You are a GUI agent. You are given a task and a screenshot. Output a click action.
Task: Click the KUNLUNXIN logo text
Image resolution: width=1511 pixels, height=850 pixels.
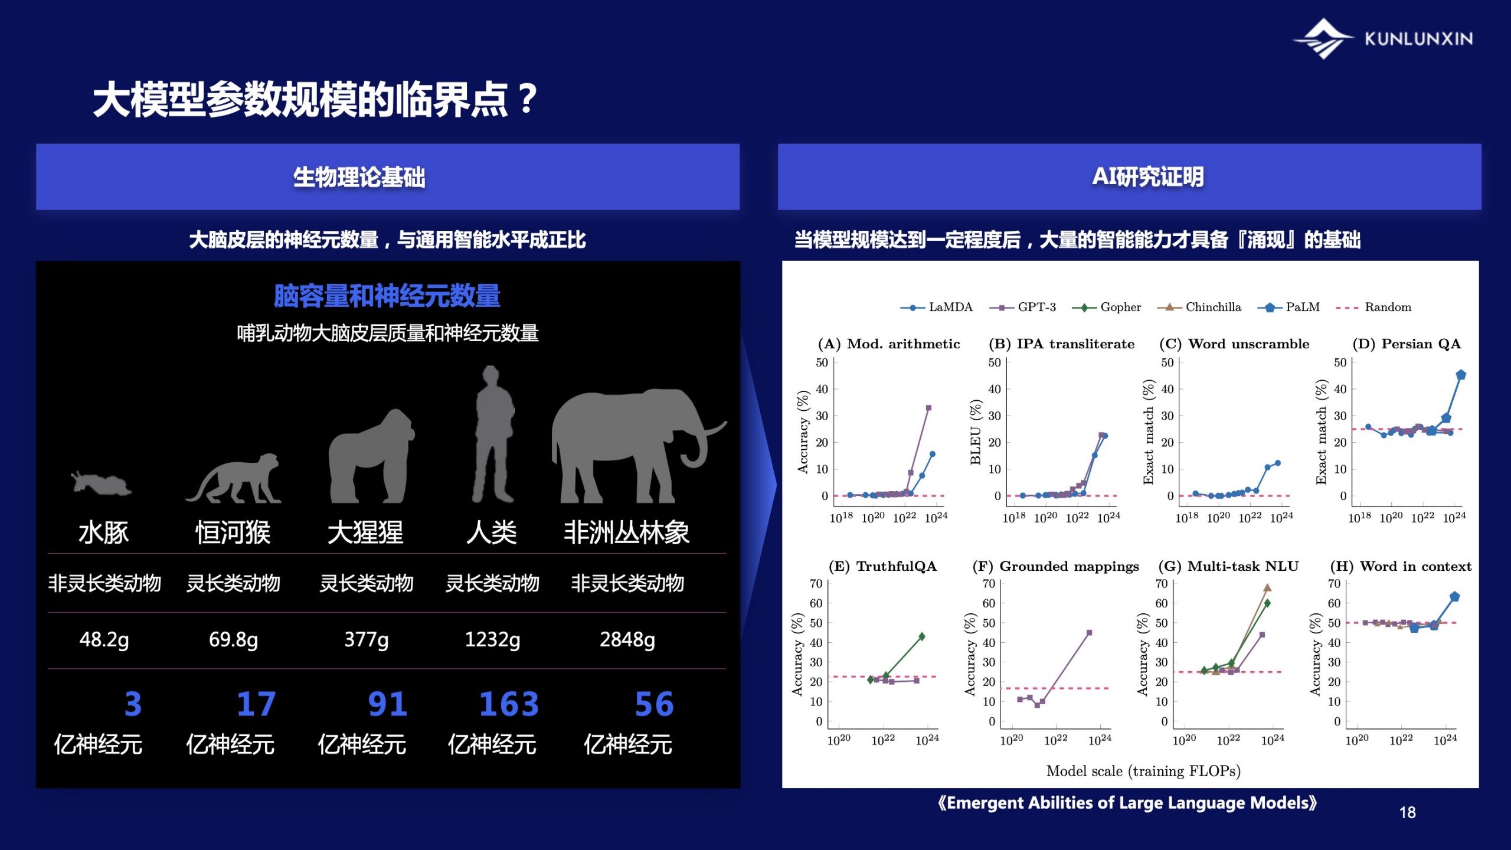1418,39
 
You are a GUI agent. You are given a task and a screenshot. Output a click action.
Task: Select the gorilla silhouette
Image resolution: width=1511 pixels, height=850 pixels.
371,456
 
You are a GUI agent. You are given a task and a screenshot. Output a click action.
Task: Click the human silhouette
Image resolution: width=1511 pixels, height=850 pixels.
493,434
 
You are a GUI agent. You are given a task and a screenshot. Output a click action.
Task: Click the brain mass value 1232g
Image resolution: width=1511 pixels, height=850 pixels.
492,639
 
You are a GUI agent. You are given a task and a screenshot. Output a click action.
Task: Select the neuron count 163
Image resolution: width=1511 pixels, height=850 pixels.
509,704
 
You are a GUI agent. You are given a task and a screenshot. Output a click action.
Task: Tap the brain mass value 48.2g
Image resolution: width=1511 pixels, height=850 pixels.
104,639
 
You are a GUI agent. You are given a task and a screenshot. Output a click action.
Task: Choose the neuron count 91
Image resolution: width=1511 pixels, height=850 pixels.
387,704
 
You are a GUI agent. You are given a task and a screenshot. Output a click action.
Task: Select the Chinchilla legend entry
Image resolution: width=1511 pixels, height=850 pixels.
1199,307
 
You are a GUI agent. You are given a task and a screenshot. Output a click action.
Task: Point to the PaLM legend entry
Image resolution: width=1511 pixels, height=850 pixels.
1288,307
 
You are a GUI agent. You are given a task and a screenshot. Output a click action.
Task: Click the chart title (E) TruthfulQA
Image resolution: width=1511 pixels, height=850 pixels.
882,566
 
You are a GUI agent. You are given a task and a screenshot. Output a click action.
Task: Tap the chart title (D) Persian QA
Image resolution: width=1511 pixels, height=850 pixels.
1407,344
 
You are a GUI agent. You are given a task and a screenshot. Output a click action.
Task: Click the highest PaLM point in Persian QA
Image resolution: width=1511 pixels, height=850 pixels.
1461,375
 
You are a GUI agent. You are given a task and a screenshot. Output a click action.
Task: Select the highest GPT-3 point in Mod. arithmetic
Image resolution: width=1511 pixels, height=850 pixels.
928,408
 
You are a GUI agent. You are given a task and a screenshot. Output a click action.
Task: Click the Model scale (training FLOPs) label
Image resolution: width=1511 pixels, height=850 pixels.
1143,771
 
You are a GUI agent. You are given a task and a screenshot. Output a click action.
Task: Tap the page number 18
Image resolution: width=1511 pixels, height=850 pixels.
1407,813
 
